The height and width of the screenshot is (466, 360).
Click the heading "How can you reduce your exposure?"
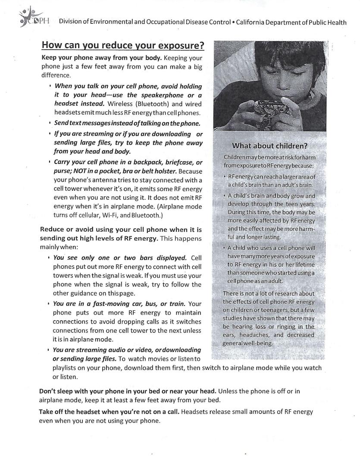pyautogui.click(x=122, y=46)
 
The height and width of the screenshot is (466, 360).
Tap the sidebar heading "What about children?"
pyautogui.click(x=269, y=145)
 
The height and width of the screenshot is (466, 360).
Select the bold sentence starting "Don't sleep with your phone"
pyautogui.click(x=128, y=391)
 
